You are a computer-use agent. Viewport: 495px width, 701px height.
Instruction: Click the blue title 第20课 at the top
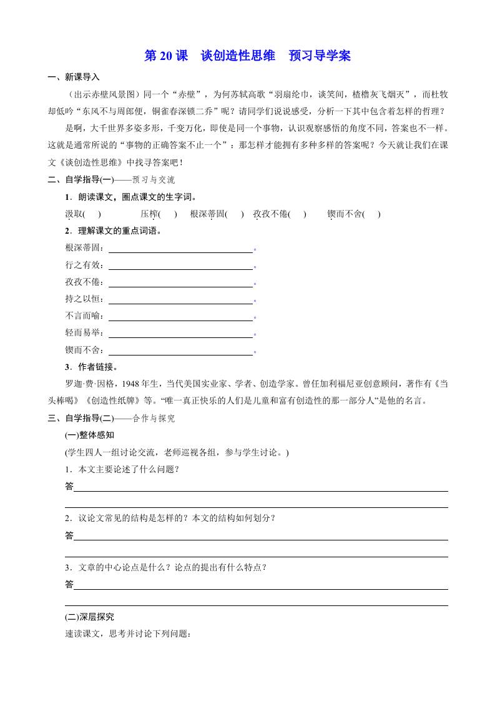166,56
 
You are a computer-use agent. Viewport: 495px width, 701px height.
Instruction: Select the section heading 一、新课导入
74,77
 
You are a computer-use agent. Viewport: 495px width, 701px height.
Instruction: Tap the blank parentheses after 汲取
92,214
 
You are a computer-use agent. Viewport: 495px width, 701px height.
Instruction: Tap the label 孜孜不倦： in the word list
86,282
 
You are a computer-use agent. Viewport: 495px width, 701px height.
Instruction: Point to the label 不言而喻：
86,316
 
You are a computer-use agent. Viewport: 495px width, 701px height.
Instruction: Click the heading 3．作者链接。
91,367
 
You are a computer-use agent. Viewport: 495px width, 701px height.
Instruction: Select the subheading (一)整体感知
90,435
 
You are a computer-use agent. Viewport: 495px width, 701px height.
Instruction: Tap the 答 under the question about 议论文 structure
69,535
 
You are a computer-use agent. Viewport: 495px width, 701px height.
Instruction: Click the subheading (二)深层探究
90,617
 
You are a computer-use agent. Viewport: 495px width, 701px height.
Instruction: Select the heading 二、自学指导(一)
79,180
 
